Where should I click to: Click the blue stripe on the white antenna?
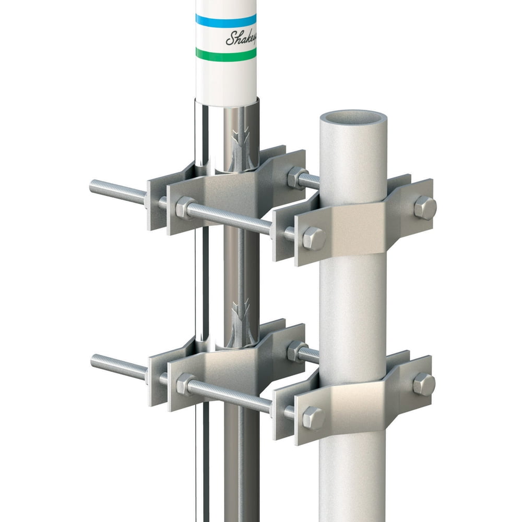point(226,20)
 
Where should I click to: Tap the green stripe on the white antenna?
point(226,53)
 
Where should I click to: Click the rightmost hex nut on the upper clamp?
point(425,208)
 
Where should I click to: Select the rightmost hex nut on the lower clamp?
point(424,384)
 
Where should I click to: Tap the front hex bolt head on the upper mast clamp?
point(314,238)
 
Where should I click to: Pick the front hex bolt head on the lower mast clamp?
point(313,418)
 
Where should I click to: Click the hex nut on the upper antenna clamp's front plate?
point(185,207)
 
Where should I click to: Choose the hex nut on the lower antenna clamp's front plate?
point(185,384)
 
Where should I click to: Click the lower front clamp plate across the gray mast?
point(360,399)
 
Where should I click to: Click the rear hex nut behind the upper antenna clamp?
point(296,177)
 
